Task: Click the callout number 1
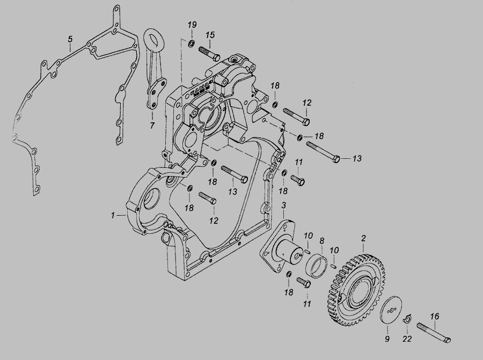[113, 215]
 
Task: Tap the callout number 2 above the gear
[363, 238]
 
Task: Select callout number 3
[284, 205]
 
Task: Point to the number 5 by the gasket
[70, 39]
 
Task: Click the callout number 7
[152, 126]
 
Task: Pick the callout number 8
[322, 240]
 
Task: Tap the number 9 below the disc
[387, 339]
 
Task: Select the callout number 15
[210, 35]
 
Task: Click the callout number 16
[435, 316]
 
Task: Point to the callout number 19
[192, 25]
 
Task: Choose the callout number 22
[407, 339]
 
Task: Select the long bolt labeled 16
[434, 332]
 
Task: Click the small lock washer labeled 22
[407, 319]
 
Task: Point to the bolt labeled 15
[209, 53]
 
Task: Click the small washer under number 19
[191, 43]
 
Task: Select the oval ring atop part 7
[155, 41]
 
